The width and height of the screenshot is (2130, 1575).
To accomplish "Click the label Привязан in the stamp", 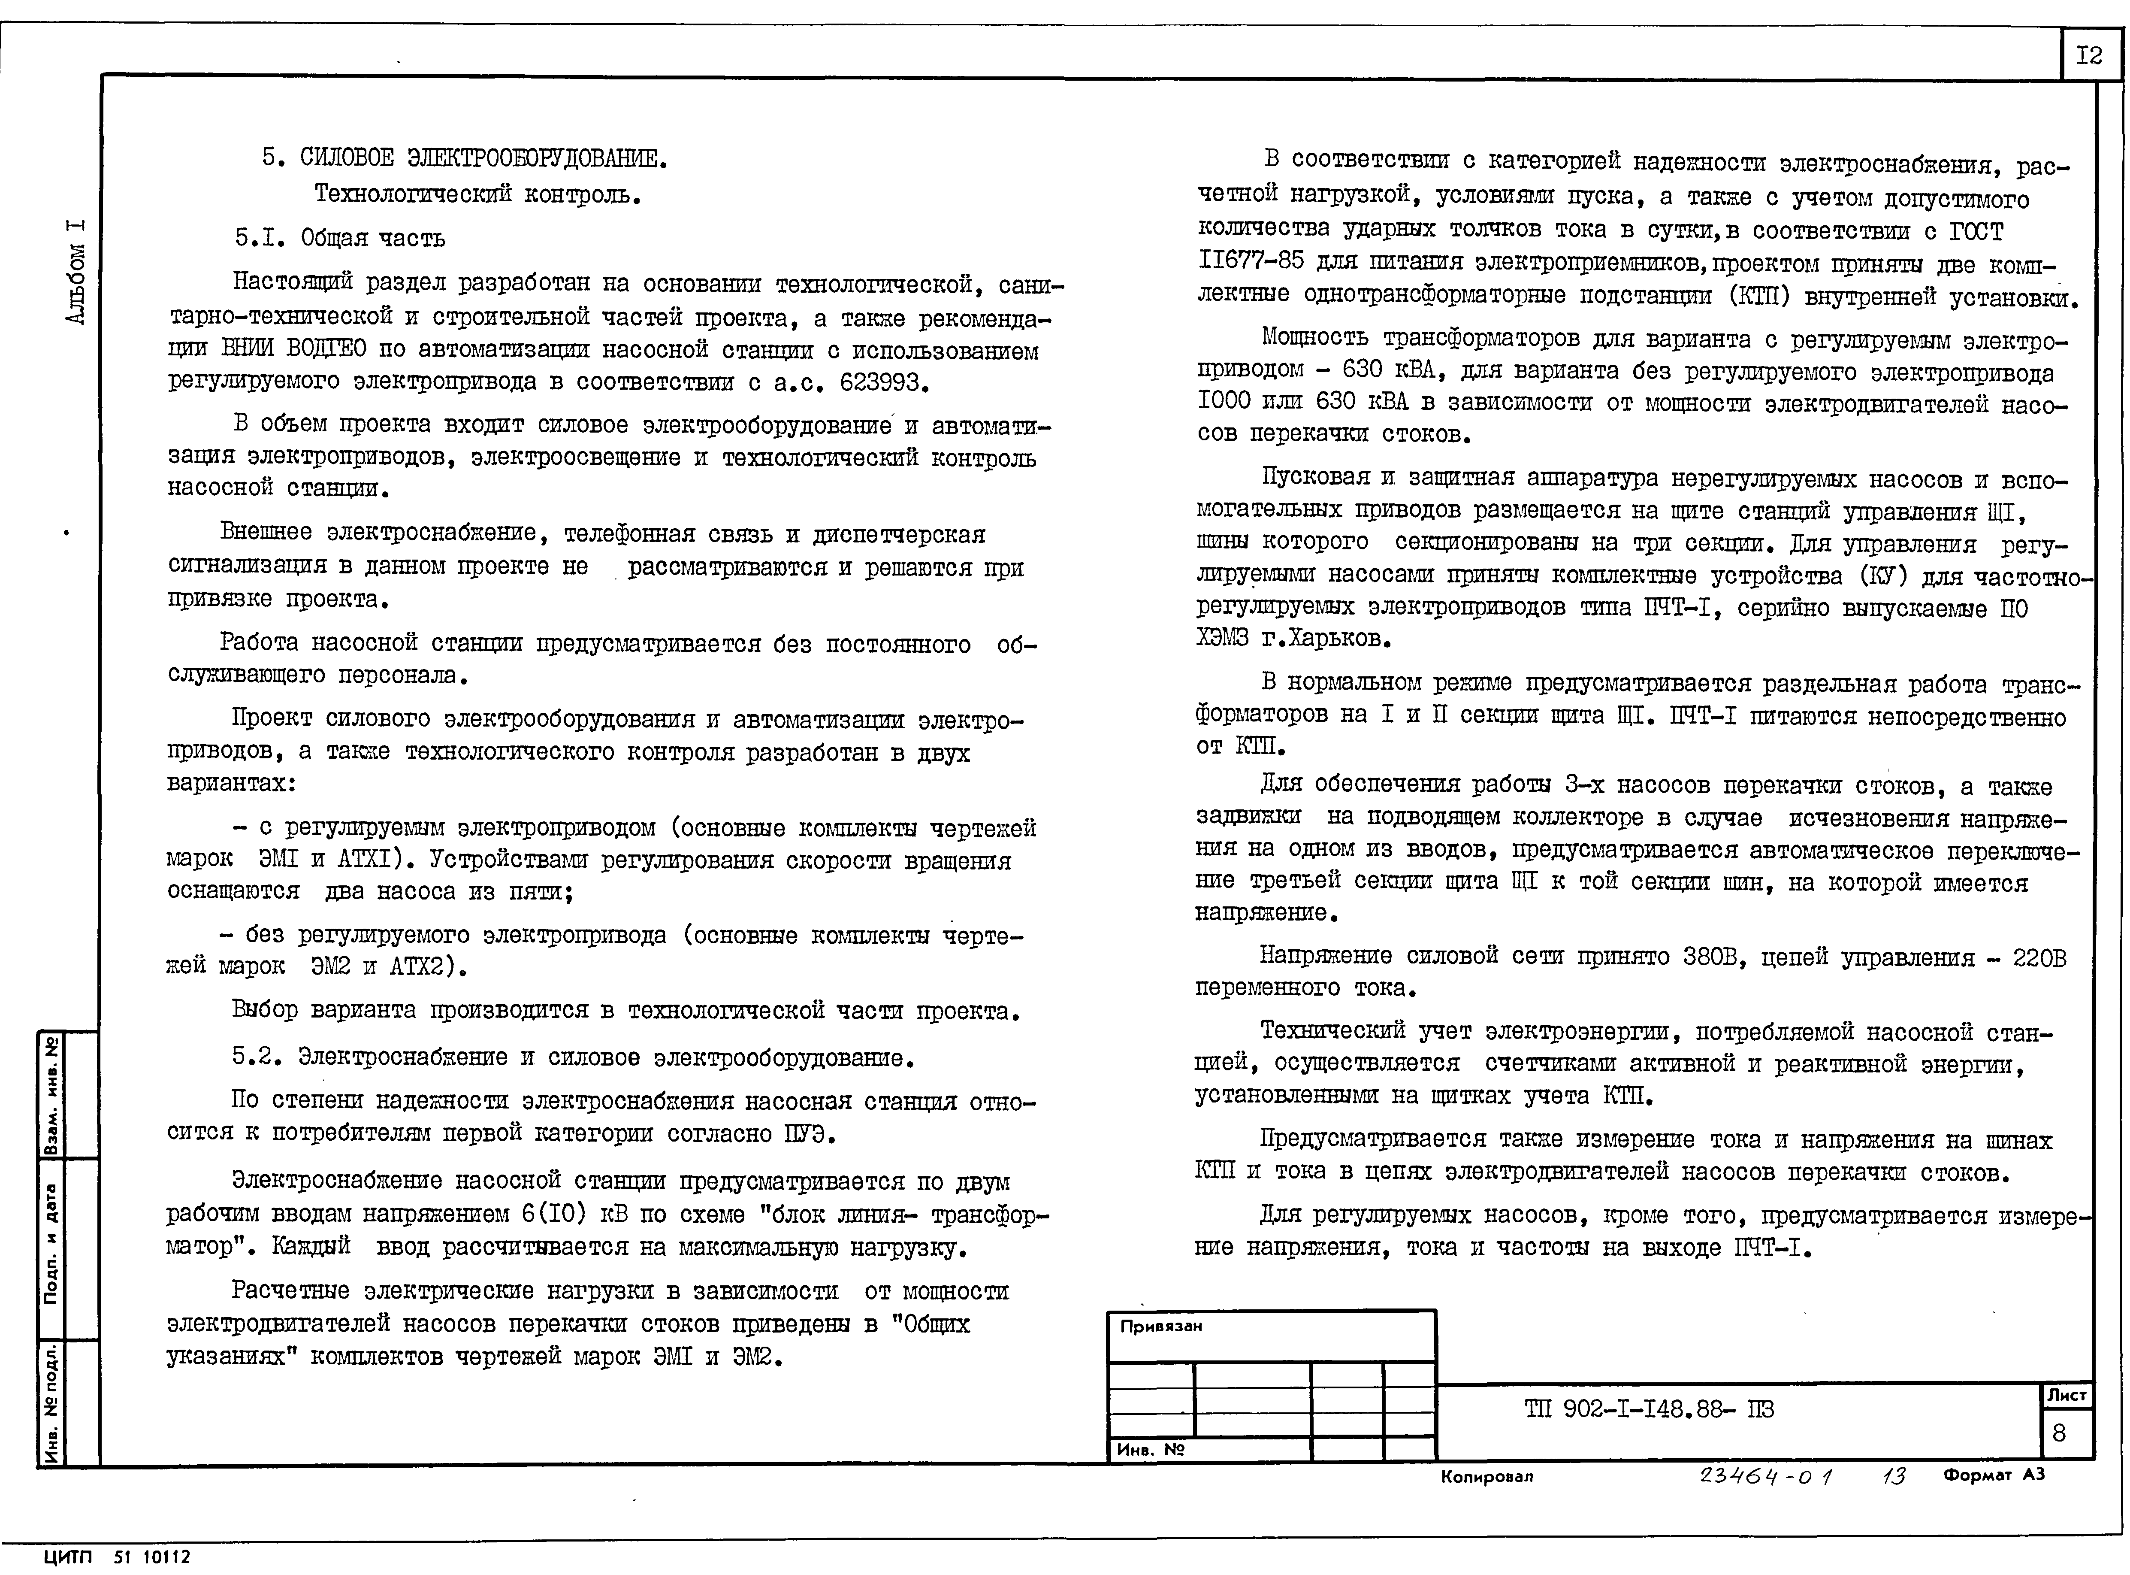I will (1161, 1326).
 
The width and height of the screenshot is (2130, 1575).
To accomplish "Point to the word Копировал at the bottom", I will (1487, 1477).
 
